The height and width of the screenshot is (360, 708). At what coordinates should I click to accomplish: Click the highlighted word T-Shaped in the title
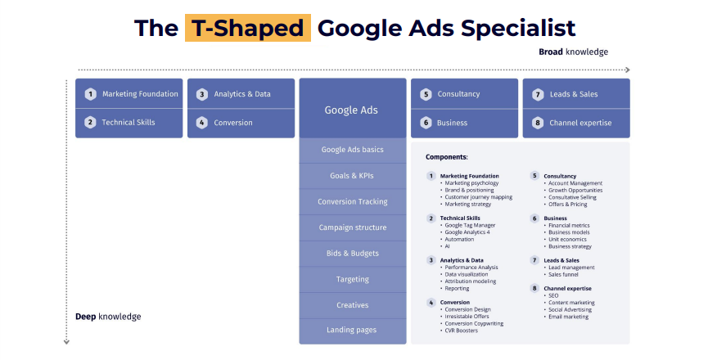(247, 28)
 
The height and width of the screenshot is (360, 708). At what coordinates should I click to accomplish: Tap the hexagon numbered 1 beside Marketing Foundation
(90, 94)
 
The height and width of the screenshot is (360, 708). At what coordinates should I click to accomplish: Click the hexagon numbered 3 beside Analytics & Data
(202, 94)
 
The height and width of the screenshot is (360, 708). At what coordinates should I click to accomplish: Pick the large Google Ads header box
(353, 108)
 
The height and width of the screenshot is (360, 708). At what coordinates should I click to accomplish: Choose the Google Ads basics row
(353, 151)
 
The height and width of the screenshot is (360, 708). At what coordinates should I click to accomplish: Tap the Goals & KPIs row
(353, 176)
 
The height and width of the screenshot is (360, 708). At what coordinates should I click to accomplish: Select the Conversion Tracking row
(353, 201)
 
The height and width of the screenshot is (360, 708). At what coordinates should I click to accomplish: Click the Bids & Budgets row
(353, 254)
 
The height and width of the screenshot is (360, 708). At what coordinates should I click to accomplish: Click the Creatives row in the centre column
(353, 305)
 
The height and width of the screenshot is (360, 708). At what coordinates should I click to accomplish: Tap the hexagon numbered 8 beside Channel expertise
(537, 123)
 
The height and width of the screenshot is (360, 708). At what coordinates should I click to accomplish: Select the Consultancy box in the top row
(465, 94)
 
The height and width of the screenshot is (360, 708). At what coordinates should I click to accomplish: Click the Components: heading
(447, 157)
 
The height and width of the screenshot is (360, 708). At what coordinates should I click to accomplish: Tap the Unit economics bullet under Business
(566, 239)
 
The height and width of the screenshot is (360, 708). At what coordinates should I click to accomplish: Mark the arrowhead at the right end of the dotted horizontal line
(627, 70)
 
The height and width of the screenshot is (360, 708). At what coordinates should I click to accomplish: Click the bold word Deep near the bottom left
(86, 317)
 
